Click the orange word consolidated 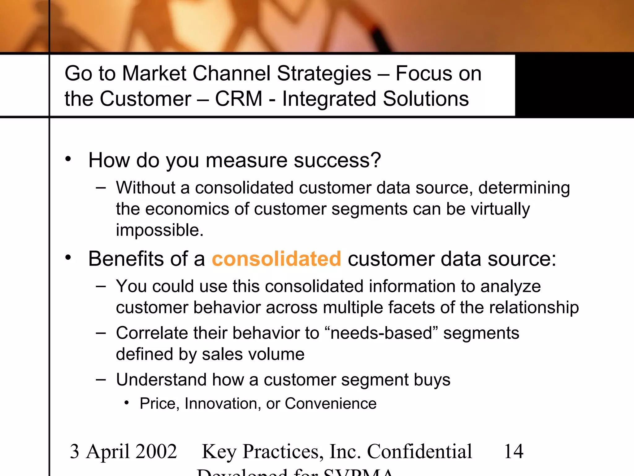(x=276, y=259)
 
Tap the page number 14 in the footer (x=514, y=451)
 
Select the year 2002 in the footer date (x=156, y=451)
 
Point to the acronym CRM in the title (x=239, y=99)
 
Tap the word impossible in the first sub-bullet (x=159, y=230)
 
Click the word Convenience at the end (x=330, y=403)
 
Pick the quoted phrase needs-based (x=381, y=333)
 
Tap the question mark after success (x=376, y=160)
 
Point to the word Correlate (x=152, y=333)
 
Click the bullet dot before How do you (x=68, y=159)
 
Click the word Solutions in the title (x=426, y=99)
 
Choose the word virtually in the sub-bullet (x=500, y=209)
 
